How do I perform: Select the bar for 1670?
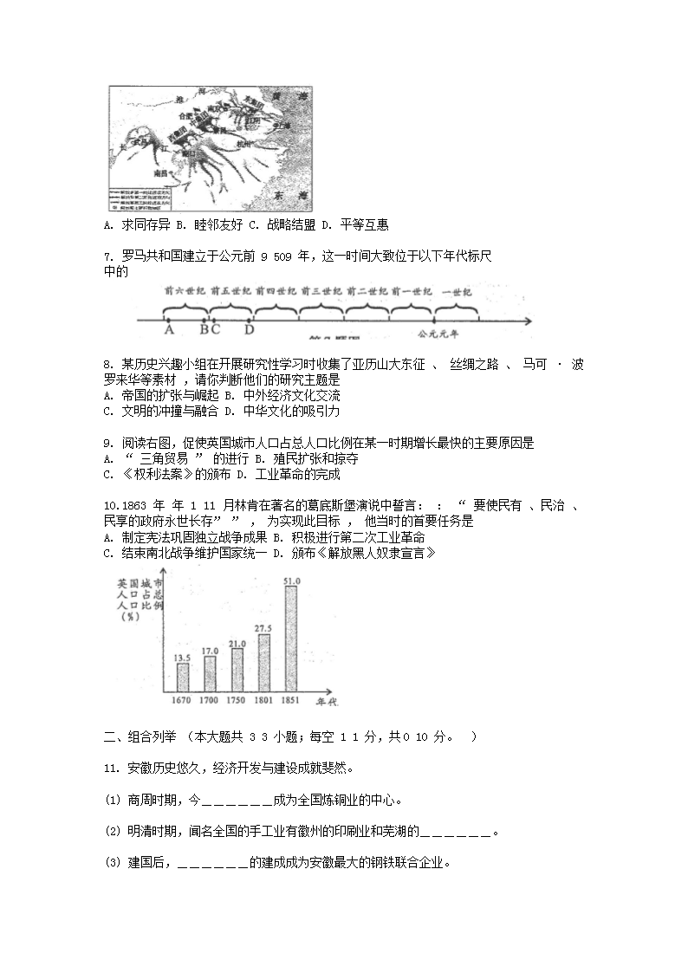182,678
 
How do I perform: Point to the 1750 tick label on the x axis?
236,700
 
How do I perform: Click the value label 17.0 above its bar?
210,651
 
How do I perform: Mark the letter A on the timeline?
168,330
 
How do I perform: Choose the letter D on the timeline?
249,330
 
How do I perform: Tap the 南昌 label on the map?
159,173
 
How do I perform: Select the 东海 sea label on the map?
285,196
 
